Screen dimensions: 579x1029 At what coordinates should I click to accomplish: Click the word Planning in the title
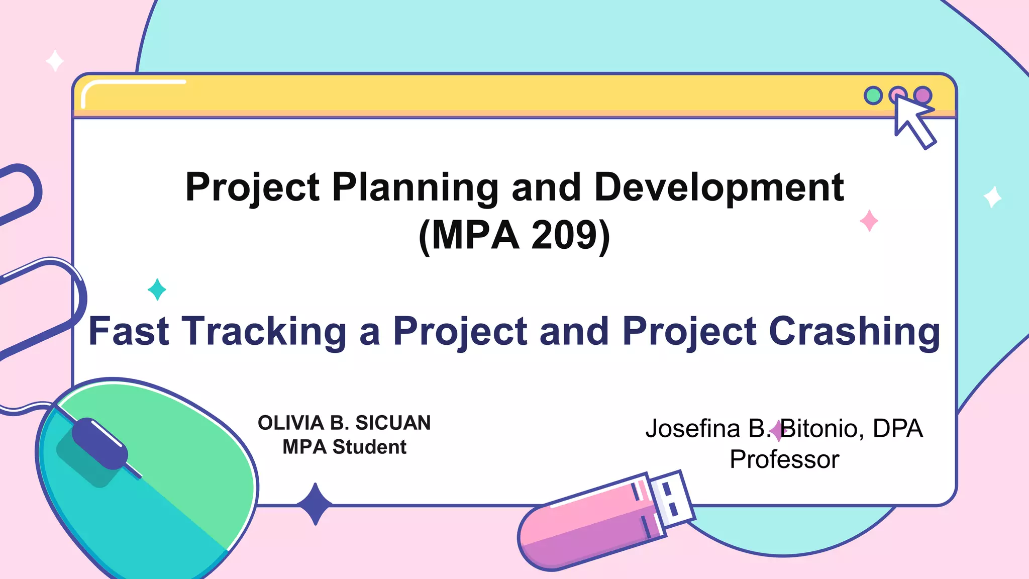click(415, 187)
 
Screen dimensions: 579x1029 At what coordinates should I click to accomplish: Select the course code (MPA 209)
click(514, 235)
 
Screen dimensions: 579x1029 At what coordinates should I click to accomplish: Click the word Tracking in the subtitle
click(264, 331)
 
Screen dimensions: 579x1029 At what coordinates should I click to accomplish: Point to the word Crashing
click(854, 331)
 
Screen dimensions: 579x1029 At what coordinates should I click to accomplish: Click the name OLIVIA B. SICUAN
click(344, 423)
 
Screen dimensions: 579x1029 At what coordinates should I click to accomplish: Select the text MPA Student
click(344, 447)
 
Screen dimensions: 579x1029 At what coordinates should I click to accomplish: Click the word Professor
click(784, 459)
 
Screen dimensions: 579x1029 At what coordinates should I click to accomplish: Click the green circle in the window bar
click(873, 95)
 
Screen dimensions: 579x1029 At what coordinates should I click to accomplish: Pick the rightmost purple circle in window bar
click(923, 94)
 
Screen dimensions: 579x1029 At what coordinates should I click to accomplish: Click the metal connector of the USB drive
click(671, 498)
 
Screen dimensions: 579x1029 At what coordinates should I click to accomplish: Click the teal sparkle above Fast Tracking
click(157, 289)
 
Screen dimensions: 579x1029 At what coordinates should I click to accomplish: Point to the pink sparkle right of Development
click(869, 221)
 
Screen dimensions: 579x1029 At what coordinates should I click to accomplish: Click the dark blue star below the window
click(315, 504)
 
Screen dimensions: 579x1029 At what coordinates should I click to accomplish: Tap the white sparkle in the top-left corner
click(55, 61)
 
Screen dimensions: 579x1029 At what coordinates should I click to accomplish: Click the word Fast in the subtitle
click(129, 331)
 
